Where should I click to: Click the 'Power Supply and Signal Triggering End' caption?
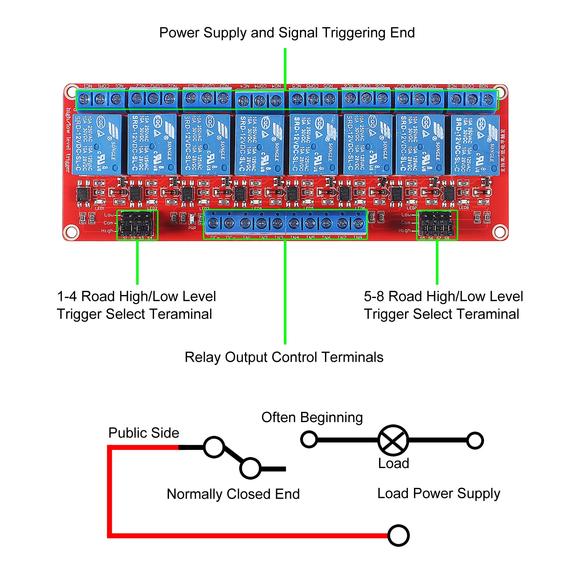(287, 33)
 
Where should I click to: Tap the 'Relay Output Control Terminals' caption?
(284, 357)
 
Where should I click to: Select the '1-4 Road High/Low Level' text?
(136, 296)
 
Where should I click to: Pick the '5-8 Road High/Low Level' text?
(443, 296)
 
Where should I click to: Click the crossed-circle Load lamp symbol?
(393, 440)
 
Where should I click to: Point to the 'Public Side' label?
(144, 433)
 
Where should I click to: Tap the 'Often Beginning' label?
(312, 418)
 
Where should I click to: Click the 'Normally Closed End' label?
(233, 494)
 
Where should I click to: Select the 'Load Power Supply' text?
(439, 494)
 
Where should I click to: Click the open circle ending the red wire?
(398, 536)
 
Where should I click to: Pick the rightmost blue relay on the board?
(475, 145)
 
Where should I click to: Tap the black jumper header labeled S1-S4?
(137, 225)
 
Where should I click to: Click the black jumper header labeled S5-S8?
(437, 225)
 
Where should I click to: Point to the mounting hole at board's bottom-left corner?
(71, 232)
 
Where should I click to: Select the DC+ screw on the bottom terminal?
(213, 223)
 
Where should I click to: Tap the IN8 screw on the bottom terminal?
(358, 223)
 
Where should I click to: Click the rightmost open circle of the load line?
(475, 440)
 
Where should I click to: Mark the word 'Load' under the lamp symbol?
(393, 463)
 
